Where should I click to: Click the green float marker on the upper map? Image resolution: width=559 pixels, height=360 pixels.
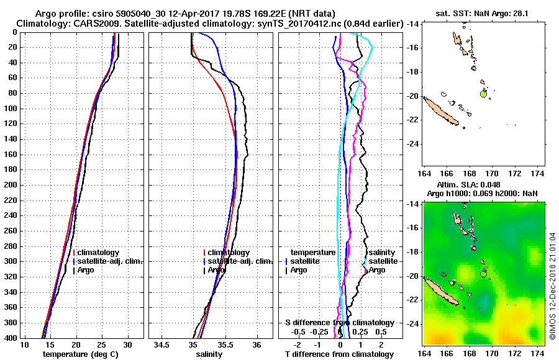pos(484,94)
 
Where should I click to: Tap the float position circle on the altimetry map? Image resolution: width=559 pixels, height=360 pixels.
pos(484,274)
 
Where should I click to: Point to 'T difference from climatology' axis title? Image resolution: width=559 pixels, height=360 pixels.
pos(339,354)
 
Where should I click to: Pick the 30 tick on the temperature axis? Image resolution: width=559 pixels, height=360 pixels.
pos(127,345)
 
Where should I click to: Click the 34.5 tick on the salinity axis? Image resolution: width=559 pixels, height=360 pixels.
pos(162,345)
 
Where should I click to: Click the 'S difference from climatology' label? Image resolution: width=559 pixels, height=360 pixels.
pos(339,323)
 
